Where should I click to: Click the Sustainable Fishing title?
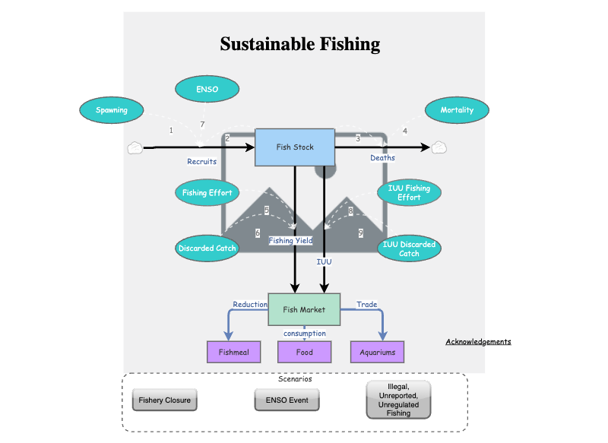click(300, 44)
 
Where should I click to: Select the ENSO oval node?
click(207, 90)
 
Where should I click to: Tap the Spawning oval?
click(112, 110)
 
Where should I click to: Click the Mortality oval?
click(457, 110)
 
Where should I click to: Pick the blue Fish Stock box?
click(294, 147)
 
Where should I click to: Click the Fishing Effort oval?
click(207, 193)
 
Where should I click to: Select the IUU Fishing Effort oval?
click(409, 193)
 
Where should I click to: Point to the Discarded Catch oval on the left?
click(207, 248)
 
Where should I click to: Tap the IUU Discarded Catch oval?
click(409, 248)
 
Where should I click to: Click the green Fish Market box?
click(304, 309)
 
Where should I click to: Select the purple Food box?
click(305, 353)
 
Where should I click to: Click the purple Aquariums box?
click(377, 353)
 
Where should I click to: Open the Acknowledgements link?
click(478, 342)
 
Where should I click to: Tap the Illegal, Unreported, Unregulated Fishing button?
click(398, 400)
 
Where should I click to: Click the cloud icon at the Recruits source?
click(135, 148)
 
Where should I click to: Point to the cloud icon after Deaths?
click(439, 148)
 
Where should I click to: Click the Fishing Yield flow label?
click(290, 241)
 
